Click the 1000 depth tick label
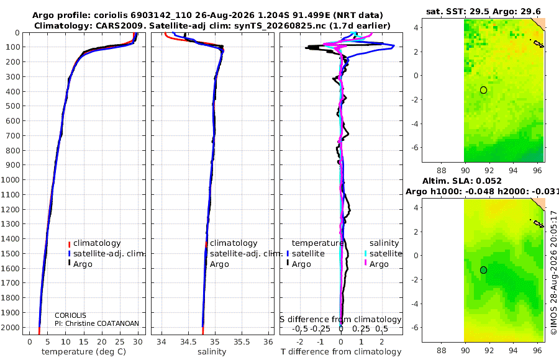pos(10,179)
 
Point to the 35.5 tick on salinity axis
pos(242,342)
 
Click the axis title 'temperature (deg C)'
pos(84,352)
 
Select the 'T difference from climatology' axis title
pos(341,352)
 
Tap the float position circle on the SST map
pos(483,90)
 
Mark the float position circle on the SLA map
pos(483,270)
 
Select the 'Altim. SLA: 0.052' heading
pos(462,181)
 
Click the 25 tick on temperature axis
pos(120,342)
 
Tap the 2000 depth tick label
pos(10,327)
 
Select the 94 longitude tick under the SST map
pos(513,171)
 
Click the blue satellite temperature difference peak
pos(394,46)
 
